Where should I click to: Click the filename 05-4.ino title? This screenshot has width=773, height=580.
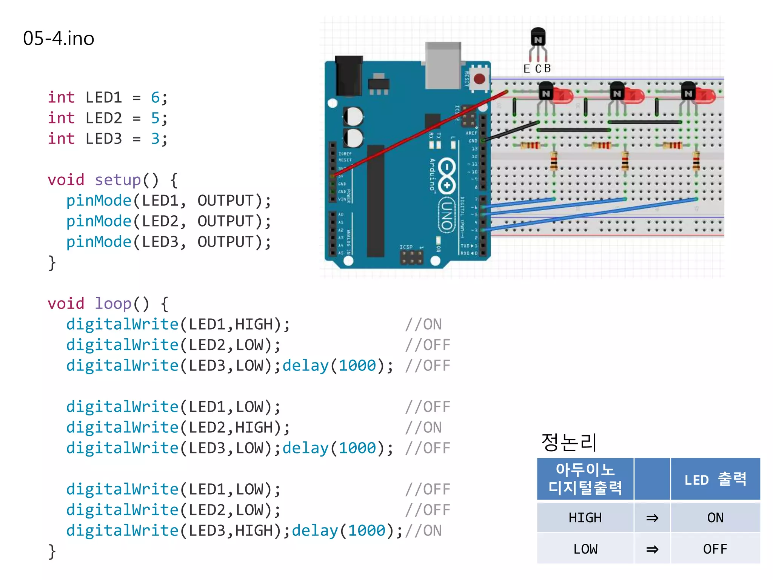59,39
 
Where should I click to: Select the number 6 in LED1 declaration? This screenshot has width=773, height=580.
155,97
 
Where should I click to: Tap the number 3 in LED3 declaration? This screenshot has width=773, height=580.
155,139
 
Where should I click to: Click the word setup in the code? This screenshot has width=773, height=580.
117,180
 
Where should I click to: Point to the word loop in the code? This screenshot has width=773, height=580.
112,304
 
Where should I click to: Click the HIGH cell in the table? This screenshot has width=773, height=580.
585,517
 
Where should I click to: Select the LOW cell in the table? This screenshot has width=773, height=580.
585,549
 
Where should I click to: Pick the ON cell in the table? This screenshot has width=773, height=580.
715,517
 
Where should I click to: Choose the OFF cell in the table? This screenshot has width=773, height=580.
715,549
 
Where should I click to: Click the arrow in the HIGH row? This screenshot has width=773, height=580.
652,518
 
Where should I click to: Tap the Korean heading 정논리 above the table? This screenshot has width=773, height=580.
569,442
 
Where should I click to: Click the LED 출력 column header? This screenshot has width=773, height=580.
715,479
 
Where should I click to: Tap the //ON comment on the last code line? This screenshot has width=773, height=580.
423,531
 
